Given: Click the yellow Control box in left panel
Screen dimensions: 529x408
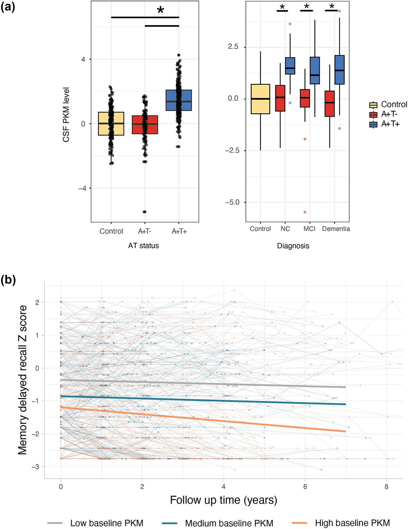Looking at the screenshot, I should pyautogui.click(x=111, y=124).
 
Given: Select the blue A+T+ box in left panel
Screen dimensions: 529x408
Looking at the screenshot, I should pyautogui.click(x=179, y=100).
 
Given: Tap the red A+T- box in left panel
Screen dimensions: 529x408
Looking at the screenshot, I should pyautogui.click(x=145, y=125).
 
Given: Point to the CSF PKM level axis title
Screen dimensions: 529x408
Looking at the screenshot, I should pyautogui.click(x=66, y=115).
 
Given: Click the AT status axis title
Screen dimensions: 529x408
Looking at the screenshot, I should pyautogui.click(x=143, y=246).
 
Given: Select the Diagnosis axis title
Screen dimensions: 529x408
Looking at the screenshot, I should pyautogui.click(x=293, y=246).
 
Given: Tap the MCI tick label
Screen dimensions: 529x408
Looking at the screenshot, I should pyautogui.click(x=309, y=229).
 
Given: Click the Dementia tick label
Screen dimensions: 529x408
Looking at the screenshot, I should pyautogui.click(x=336, y=229).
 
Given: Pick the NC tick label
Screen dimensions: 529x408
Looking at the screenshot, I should pyautogui.click(x=285, y=229).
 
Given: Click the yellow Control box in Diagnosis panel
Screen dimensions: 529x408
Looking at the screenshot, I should pyautogui.click(x=260, y=99).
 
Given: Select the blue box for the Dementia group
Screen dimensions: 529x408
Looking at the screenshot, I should pyautogui.click(x=340, y=70).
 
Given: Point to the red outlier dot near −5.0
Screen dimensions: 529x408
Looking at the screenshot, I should pyautogui.click(x=305, y=212).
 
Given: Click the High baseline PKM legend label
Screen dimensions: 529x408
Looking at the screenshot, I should pyautogui.click(x=352, y=523).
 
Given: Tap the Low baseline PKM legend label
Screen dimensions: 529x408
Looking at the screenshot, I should pyautogui.click(x=107, y=523).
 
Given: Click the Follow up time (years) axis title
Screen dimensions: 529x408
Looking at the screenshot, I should pyautogui.click(x=223, y=500).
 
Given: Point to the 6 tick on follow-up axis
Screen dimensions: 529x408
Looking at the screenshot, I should pyautogui.click(x=305, y=487).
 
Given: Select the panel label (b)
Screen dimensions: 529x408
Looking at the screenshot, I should pyautogui.click(x=8, y=280).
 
